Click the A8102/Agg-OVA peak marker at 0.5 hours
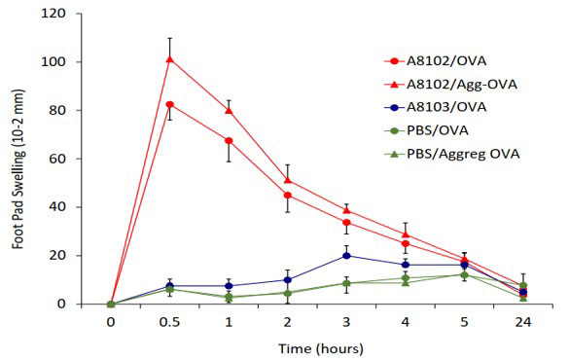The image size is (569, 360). pyautogui.click(x=170, y=58)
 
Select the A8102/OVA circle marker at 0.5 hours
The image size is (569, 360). pyautogui.click(x=170, y=104)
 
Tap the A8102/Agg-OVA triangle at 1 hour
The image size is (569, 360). pyautogui.click(x=229, y=110)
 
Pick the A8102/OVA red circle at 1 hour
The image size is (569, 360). pyautogui.click(x=229, y=141)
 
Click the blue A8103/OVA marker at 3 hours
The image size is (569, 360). pyautogui.click(x=346, y=256)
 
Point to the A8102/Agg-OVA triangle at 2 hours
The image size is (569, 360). pyautogui.click(x=288, y=180)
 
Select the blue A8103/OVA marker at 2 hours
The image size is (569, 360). pyautogui.click(x=288, y=280)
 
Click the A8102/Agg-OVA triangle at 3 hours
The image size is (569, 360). pyautogui.click(x=346, y=210)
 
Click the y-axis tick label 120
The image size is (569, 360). pyautogui.click(x=86, y=15)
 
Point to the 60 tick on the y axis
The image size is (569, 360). pyautogui.click(x=89, y=159)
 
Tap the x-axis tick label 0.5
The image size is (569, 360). pyautogui.click(x=170, y=319)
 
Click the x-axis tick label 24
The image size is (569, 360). pyautogui.click(x=523, y=319)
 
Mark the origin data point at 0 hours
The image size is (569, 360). pyautogui.click(x=111, y=304)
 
